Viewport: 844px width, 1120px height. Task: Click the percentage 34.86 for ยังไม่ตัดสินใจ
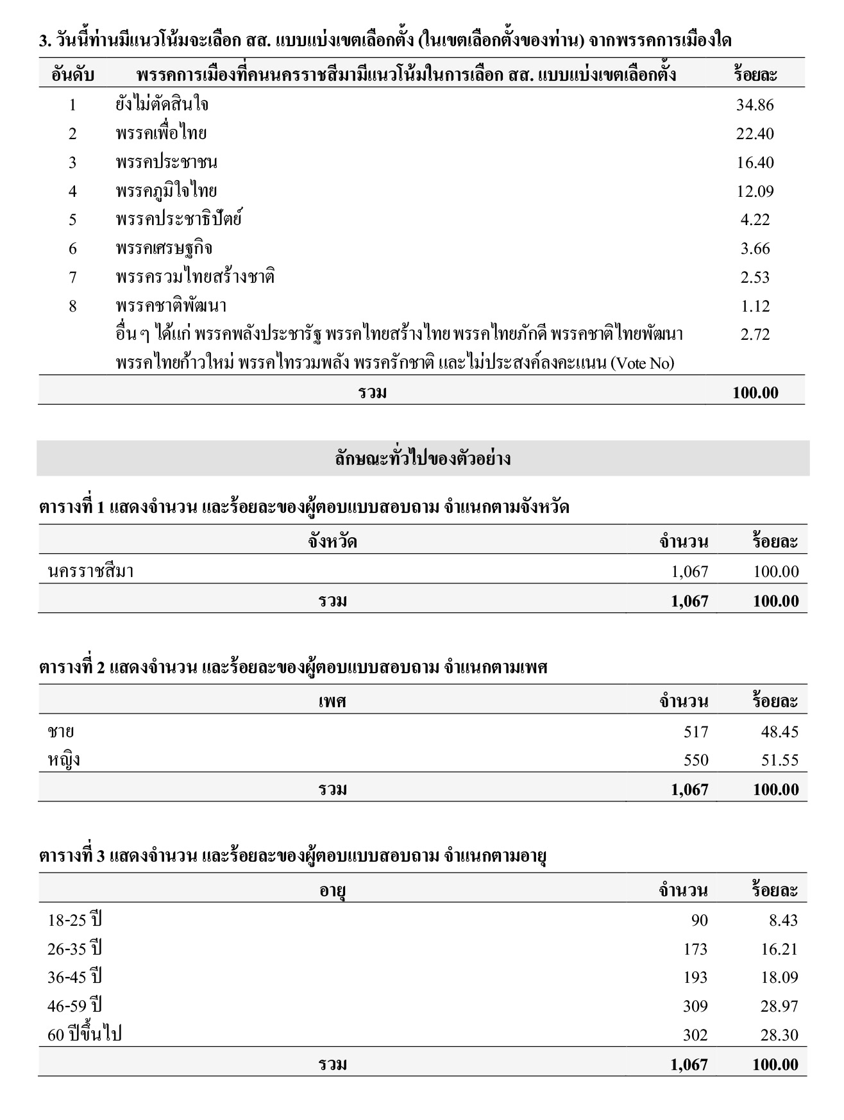(755, 105)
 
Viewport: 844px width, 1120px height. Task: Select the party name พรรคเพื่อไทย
(161, 133)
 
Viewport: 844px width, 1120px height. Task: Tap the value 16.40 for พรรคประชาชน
(755, 162)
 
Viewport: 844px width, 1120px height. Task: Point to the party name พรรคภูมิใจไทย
(166, 191)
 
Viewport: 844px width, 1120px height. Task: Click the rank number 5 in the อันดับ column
(72, 220)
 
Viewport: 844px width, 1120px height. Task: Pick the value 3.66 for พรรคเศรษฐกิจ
(755, 249)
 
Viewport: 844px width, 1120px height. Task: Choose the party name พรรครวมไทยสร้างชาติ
(195, 277)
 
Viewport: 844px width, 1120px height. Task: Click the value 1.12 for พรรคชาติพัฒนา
(755, 306)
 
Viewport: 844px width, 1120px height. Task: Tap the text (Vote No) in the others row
(642, 364)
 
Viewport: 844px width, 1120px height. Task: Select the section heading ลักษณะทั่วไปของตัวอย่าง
(423, 459)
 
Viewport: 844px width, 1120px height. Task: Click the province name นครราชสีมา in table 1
(90, 571)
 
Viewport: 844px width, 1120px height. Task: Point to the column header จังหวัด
(332, 542)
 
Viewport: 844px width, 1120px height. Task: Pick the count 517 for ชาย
(696, 731)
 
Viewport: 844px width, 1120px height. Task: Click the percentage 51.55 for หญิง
(779, 760)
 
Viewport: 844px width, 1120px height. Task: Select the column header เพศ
(332, 701)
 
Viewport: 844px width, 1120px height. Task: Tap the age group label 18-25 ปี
(74, 920)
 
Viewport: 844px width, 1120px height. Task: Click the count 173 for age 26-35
(695, 949)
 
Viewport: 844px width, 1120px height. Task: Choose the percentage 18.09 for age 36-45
(779, 978)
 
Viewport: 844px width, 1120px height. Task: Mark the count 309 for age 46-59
(695, 1007)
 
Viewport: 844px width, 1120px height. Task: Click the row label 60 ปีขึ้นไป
(85, 1035)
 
